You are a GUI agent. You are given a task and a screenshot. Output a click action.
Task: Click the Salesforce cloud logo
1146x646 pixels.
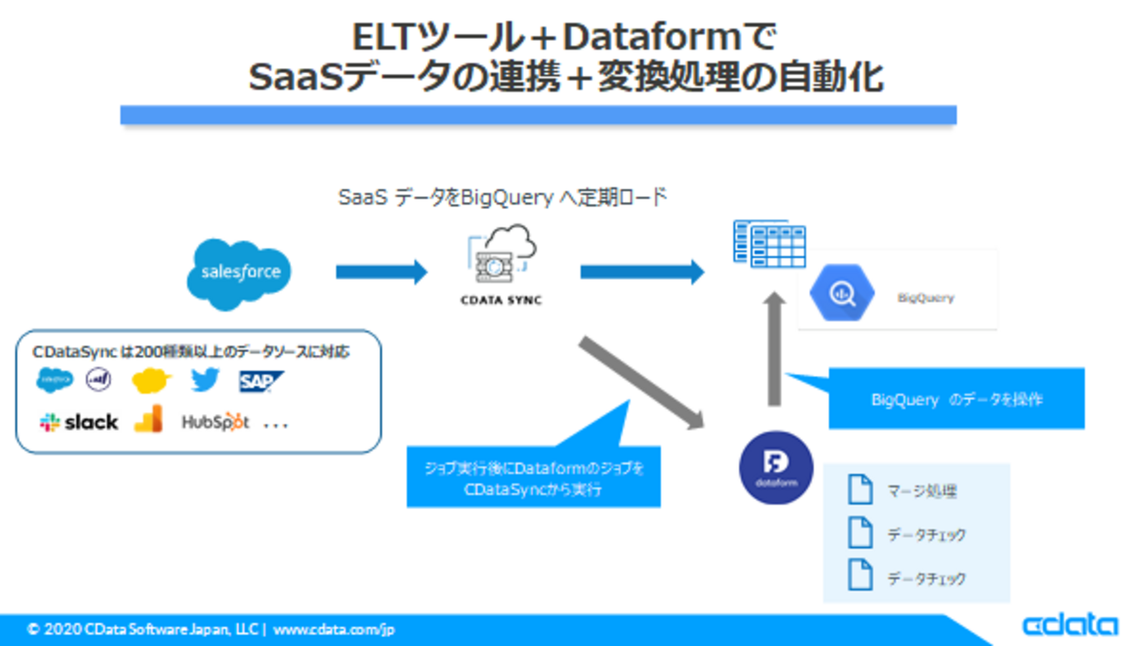click(x=239, y=273)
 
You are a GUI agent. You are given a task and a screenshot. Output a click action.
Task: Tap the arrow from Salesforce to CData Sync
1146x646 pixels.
click(x=381, y=272)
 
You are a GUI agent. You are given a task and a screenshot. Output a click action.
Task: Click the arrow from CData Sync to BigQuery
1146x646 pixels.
click(x=641, y=272)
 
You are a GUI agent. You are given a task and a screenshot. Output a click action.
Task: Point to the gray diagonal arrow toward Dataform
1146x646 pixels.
click(x=641, y=382)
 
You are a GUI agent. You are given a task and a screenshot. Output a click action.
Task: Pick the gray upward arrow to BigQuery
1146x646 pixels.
click(x=774, y=349)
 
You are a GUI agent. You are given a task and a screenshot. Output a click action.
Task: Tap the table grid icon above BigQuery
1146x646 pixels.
click(x=770, y=243)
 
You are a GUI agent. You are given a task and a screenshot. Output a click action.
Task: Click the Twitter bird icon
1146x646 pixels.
click(x=205, y=380)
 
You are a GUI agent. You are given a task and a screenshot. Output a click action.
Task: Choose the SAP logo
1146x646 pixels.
click(x=260, y=381)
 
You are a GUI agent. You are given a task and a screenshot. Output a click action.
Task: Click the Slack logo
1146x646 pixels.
click(x=79, y=423)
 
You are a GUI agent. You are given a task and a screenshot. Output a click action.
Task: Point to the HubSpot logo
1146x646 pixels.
click(x=215, y=423)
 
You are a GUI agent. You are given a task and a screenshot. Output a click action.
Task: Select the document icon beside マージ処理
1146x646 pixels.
click(x=859, y=490)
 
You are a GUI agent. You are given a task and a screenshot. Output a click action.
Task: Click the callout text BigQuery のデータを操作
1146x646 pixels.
click(x=956, y=400)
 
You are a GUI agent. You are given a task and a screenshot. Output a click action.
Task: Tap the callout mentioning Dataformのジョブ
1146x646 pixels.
click(x=533, y=477)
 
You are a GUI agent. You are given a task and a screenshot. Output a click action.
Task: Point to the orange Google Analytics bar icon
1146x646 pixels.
click(x=148, y=419)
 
